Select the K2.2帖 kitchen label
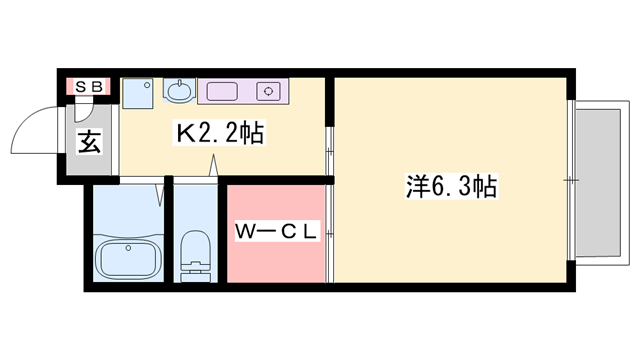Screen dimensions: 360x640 (x=220, y=134)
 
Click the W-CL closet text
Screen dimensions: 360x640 (x=277, y=232)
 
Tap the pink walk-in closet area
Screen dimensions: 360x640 (x=276, y=255)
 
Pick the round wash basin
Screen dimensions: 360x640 (x=178, y=92)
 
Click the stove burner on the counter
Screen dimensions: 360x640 (x=268, y=92)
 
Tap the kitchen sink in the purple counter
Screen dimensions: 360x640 (x=222, y=92)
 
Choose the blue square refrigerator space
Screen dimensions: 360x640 (x=138, y=91)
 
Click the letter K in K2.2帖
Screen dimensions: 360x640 (x=185, y=134)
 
